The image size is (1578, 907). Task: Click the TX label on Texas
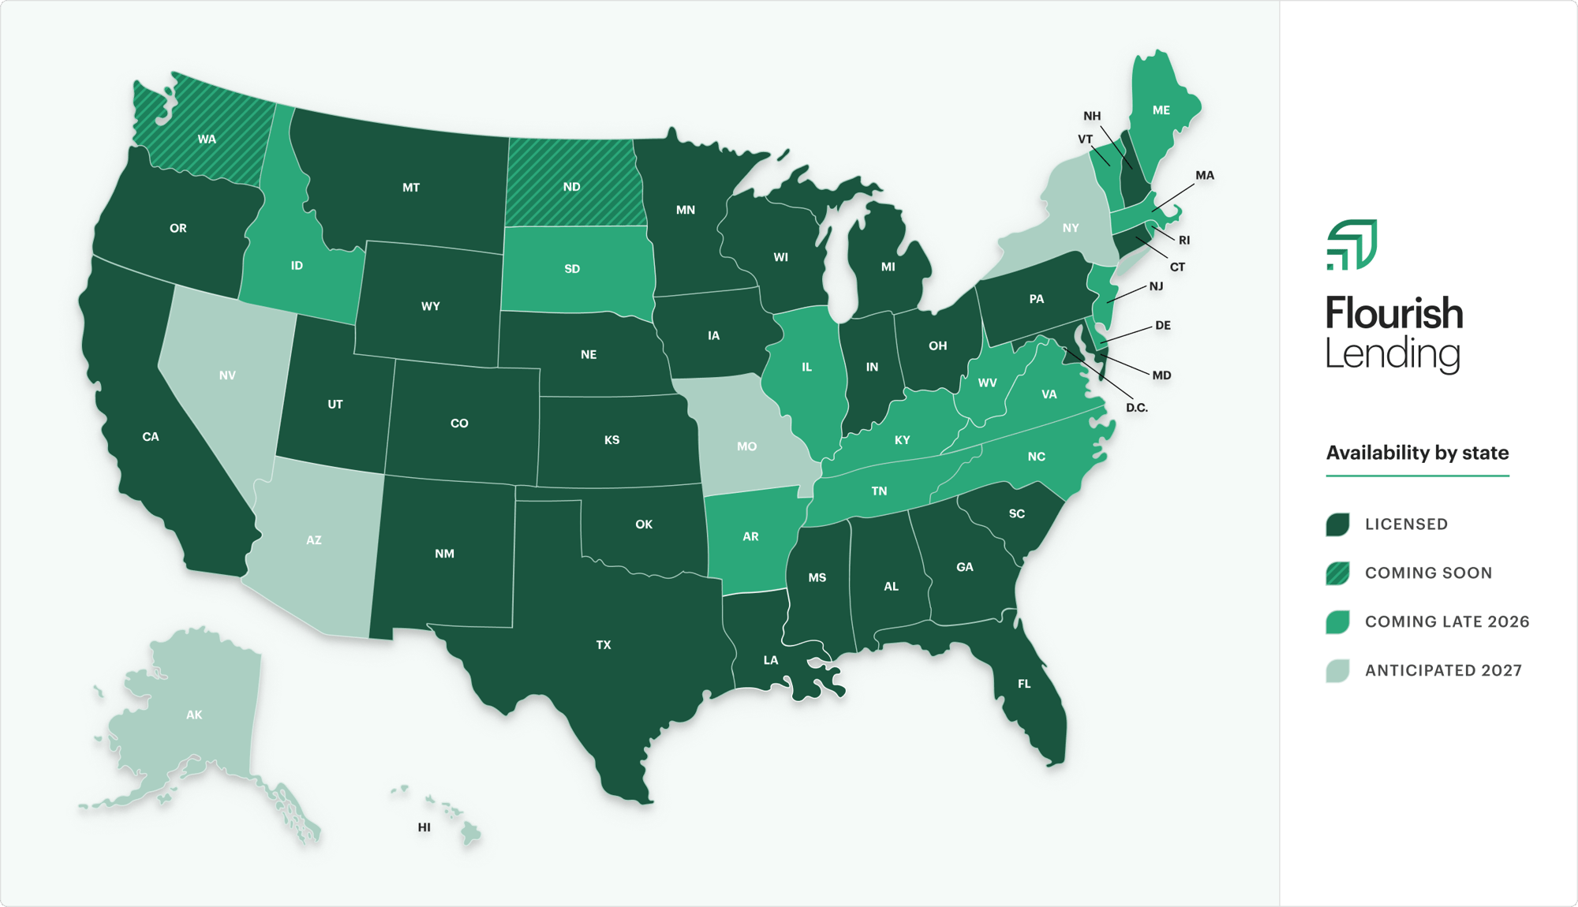coord(604,645)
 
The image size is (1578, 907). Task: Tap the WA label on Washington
coord(207,140)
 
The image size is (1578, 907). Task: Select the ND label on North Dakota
coord(572,187)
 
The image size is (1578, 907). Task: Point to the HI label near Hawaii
coord(424,827)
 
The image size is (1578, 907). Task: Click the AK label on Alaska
coord(194,715)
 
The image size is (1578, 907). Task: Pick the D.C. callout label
coord(1136,408)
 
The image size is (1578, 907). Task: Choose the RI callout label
coord(1184,241)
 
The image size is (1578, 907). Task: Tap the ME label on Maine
coord(1161,110)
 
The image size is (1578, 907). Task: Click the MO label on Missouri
coord(746,446)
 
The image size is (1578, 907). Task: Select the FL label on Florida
coord(1024,684)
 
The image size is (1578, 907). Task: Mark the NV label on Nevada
coord(227,375)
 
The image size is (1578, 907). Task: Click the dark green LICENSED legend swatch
coord(1337,524)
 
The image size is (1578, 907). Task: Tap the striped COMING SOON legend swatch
coord(1337,573)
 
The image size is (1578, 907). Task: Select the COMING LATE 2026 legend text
coord(1447,621)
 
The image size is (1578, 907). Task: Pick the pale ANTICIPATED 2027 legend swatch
coord(1337,670)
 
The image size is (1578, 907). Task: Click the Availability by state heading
coord(1417,453)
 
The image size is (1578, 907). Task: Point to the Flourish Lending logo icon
coord(1352,244)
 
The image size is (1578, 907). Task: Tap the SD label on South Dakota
coord(572,269)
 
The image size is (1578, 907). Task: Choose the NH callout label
coord(1092,116)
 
